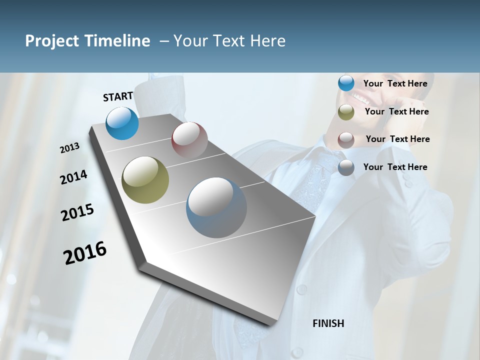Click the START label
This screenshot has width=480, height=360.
[118, 96]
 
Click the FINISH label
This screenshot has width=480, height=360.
[328, 323]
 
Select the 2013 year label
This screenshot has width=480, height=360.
[69, 148]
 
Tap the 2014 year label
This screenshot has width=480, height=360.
[73, 177]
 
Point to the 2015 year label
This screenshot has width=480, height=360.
[77, 212]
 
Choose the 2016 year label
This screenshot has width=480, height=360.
[85, 252]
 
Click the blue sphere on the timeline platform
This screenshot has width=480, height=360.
[122, 123]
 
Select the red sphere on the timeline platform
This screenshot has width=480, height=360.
[189, 140]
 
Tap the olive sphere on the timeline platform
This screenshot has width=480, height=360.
[145, 180]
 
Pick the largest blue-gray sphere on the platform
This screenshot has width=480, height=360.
[216, 207]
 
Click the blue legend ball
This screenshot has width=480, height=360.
[346, 83]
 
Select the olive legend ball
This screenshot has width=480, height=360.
[346, 112]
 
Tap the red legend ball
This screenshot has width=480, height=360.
[346, 139]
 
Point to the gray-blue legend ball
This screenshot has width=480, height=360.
[346, 167]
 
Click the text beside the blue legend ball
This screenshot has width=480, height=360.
[395, 83]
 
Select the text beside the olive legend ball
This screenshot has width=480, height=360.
[396, 111]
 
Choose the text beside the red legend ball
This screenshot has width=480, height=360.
[397, 139]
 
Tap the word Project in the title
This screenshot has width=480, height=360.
[52, 41]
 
